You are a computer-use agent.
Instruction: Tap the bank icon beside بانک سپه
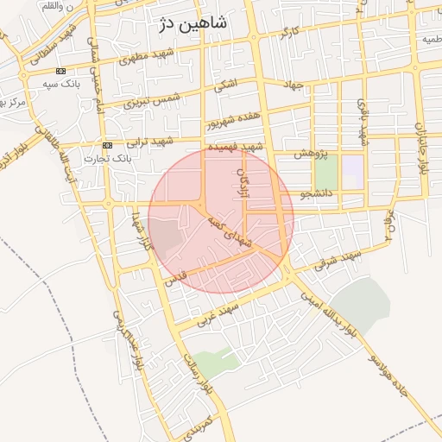[60, 71]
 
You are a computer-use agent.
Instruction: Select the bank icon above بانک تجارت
[107, 145]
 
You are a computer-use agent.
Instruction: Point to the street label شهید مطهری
[139, 60]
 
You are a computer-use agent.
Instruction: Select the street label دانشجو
[316, 194]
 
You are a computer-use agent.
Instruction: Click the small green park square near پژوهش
[325, 174]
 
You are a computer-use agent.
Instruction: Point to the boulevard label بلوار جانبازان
[422, 148]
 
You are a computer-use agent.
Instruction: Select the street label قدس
[174, 280]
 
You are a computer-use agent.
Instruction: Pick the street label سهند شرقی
[335, 259]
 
